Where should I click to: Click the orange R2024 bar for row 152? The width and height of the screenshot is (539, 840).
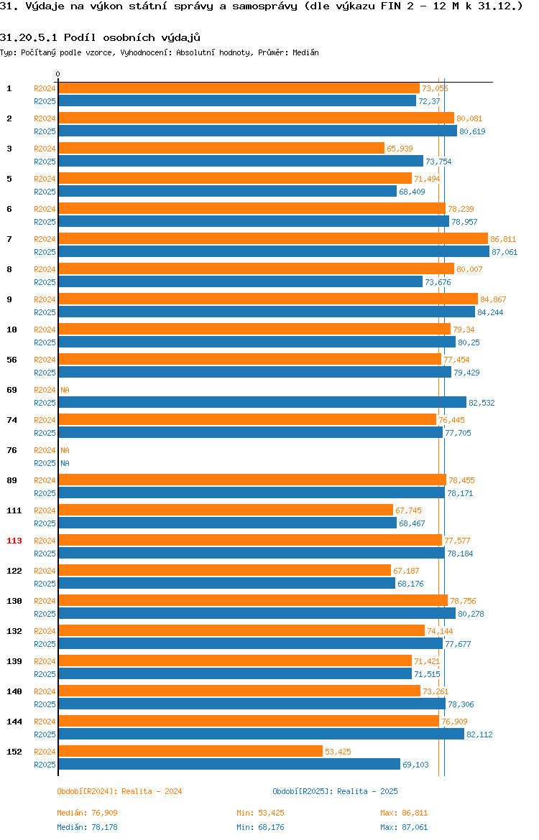[x=190, y=752]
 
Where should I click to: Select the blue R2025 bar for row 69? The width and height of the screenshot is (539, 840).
[x=262, y=402]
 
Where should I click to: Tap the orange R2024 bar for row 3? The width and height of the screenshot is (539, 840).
[x=221, y=149]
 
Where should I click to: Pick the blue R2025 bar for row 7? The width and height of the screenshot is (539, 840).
[x=274, y=252]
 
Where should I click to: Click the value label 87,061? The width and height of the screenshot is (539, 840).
[x=505, y=252]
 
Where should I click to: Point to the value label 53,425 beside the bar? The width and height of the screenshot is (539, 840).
[x=338, y=752]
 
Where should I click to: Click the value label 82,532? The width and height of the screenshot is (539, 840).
[x=482, y=403]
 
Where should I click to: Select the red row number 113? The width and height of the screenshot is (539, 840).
[x=14, y=541]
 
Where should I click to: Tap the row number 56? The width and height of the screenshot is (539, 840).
[x=11, y=360]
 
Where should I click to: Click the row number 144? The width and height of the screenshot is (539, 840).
[x=14, y=722]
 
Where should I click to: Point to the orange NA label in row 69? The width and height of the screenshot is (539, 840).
[x=65, y=390]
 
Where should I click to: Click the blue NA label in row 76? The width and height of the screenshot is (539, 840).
[x=65, y=463]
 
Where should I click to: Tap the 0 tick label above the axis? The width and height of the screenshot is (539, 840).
[x=58, y=75]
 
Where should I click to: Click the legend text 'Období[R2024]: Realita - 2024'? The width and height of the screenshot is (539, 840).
[x=119, y=792]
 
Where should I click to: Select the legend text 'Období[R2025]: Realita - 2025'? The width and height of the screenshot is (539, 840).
[x=335, y=792]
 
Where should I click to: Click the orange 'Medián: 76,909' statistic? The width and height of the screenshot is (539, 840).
[x=88, y=813]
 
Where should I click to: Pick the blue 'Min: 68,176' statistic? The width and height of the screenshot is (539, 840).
[x=261, y=828]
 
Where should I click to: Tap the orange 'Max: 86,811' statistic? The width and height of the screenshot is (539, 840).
[x=404, y=813]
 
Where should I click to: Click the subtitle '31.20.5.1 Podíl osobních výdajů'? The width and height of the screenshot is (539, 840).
[x=101, y=37]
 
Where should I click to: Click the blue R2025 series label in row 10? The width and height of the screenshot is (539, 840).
[x=45, y=343]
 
